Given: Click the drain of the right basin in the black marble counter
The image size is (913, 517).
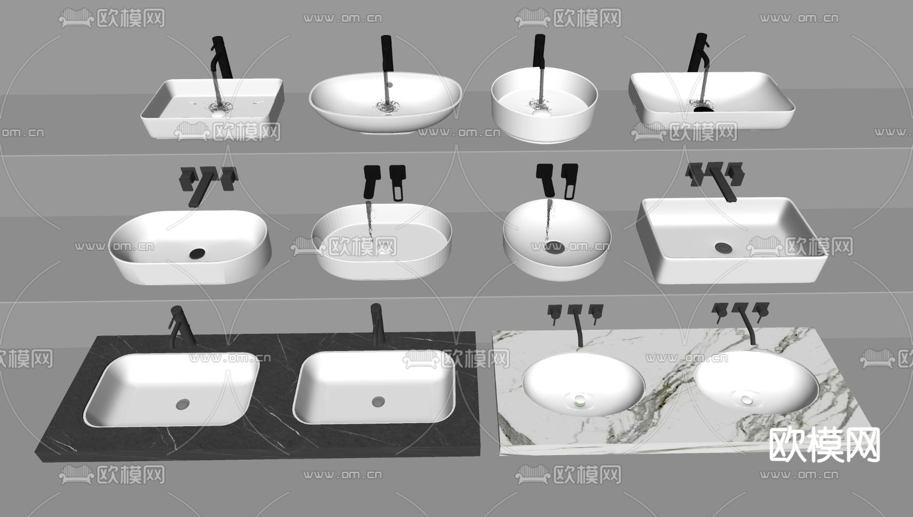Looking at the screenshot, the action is (378, 402).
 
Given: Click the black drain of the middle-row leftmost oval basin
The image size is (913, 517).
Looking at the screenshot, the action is (196, 253).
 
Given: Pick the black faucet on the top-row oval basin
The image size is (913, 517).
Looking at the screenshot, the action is (387, 53).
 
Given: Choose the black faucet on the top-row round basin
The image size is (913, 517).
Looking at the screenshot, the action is (539, 51).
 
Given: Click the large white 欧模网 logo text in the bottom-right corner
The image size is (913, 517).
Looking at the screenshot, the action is (825, 444).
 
